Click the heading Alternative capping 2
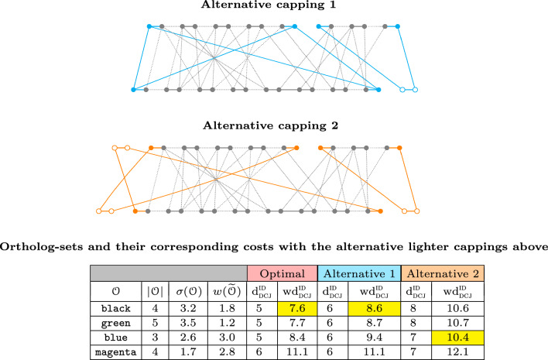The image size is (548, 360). click(x=274, y=124)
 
